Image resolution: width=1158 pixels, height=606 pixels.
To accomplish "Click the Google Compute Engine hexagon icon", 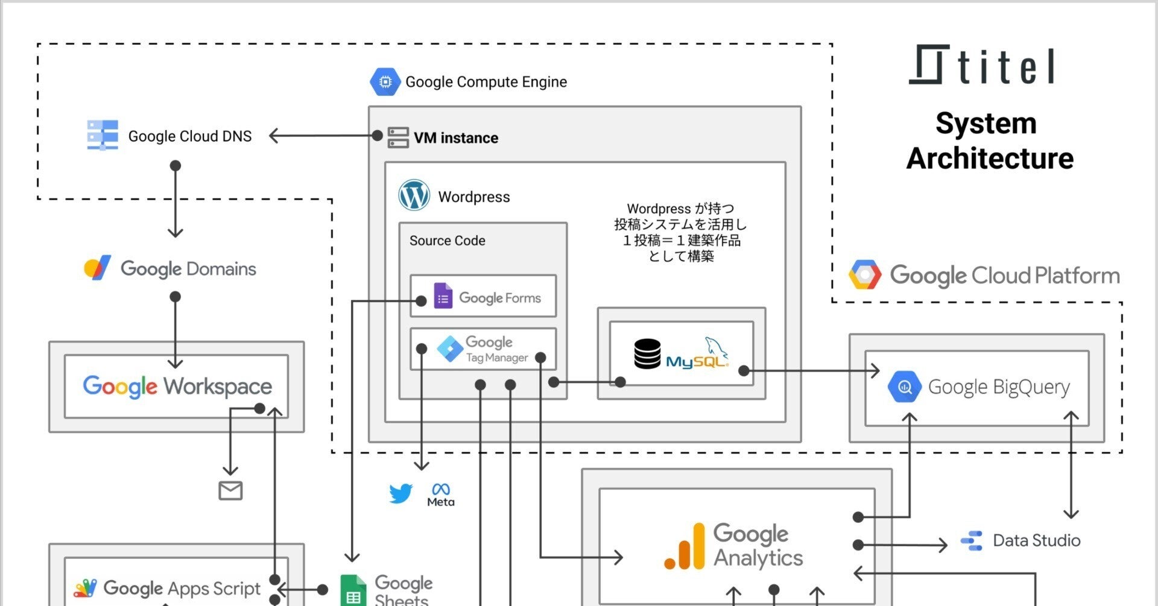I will coord(385,81).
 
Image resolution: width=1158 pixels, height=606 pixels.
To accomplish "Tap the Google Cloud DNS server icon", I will coord(103,135).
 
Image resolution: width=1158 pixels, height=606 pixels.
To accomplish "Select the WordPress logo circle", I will coord(414,195).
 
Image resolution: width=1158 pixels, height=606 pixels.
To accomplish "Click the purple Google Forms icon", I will coord(443,297).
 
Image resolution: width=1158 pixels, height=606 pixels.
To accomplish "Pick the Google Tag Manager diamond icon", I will coord(450,349).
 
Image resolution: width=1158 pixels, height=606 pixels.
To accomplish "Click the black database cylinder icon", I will coord(647,354).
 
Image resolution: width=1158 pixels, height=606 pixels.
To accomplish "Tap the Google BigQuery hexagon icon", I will coord(904,387).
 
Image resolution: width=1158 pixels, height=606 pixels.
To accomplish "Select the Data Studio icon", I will coord(972,540).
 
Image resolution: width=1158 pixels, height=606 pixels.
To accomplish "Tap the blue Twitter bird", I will coord(400,493).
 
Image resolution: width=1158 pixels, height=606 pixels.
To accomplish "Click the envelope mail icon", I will coord(230,491).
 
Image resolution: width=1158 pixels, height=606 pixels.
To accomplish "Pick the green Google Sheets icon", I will coord(353,591).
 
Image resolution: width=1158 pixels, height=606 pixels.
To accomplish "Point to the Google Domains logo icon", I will coord(97,268).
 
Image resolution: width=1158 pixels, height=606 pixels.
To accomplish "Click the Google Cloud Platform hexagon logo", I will coord(865,275).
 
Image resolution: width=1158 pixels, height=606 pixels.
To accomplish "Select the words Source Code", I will coord(447,241).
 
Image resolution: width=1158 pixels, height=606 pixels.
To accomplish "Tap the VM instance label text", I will coord(456,138).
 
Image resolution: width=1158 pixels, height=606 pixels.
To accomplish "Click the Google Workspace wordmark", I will coord(177,387).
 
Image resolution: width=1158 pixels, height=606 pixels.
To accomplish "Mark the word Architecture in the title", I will coord(990,159).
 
